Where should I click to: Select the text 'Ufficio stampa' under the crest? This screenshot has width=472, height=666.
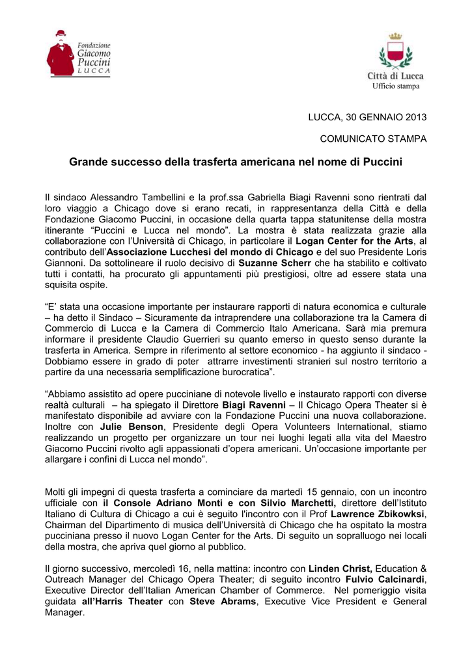(x=396, y=87)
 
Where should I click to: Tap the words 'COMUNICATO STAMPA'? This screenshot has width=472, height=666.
(x=373, y=139)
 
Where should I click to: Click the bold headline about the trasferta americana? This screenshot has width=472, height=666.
(x=236, y=161)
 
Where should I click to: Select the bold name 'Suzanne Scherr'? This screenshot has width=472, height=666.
(x=275, y=263)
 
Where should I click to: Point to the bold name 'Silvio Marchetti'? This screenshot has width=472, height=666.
(x=298, y=504)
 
